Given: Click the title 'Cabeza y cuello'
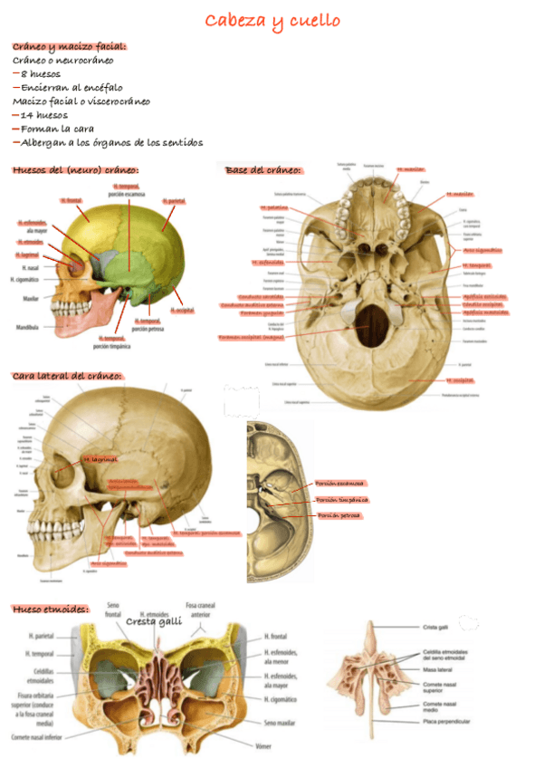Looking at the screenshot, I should tap(272, 21).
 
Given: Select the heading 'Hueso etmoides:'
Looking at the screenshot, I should tap(50, 610).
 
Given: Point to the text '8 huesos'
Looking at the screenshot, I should tap(37, 74).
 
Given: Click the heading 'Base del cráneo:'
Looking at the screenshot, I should tap(262, 170).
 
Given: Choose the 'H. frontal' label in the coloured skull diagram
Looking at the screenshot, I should tap(71, 200).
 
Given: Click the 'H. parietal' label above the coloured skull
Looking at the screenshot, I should tap(176, 200).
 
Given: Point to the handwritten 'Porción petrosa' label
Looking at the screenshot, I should tap(339, 515).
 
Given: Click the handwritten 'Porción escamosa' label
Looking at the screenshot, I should tap(340, 484).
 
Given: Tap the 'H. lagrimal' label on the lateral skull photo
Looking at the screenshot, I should tap(101, 460).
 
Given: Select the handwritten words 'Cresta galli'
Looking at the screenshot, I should tap(154, 621).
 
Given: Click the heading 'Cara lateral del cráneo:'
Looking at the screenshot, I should tap(67, 375).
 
